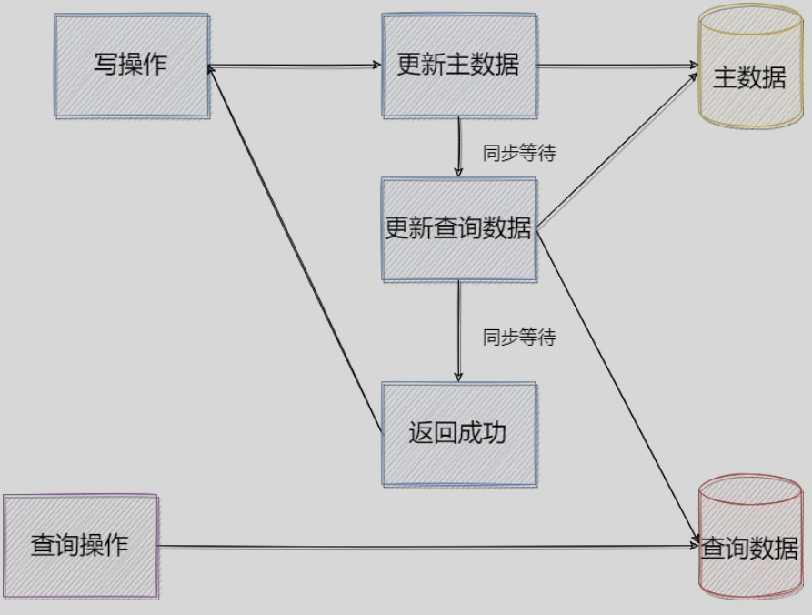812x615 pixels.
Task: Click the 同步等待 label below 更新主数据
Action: click(518, 154)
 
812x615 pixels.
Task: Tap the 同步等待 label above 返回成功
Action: click(518, 338)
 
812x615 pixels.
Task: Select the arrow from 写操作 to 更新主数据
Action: click(296, 66)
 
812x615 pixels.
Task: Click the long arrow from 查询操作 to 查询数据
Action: click(427, 547)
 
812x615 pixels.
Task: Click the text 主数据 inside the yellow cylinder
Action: click(749, 78)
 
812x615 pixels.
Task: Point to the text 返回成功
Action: click(458, 432)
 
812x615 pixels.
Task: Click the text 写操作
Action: click(132, 65)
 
